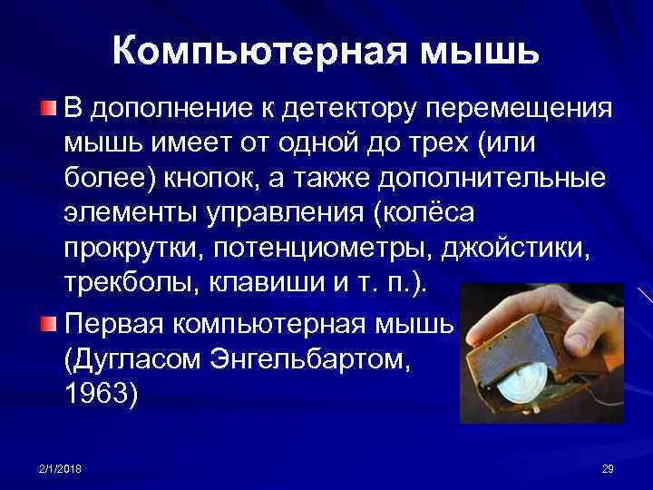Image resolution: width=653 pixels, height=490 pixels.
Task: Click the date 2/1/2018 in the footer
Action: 58,467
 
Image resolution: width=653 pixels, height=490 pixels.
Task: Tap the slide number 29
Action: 607,467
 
